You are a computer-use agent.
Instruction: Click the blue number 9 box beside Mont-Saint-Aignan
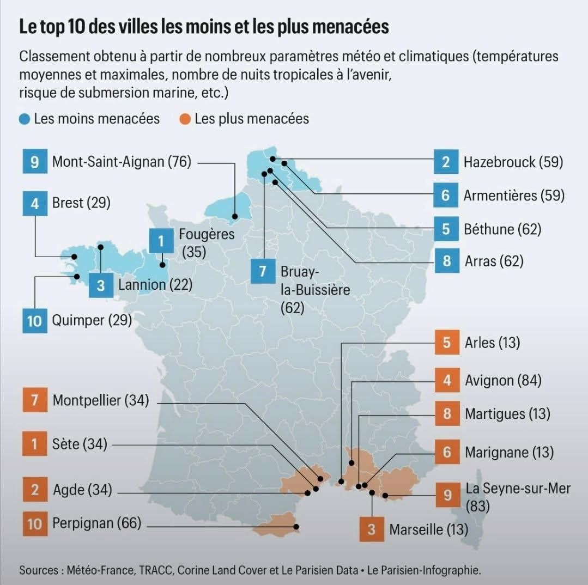(x=35, y=161)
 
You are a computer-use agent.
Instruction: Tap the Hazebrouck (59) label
(x=513, y=162)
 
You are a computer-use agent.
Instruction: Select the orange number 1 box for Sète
(x=35, y=444)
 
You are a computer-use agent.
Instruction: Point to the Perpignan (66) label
(x=97, y=523)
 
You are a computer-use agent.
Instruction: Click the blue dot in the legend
(x=25, y=119)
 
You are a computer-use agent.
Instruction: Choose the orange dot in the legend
(x=185, y=119)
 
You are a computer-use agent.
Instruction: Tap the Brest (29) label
(x=81, y=203)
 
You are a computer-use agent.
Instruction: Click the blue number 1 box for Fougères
(x=161, y=241)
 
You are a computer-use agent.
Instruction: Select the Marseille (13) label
(x=429, y=529)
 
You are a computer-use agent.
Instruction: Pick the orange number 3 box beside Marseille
(x=372, y=529)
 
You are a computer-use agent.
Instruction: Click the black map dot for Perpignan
(x=296, y=527)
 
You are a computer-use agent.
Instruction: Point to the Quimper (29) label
(x=92, y=320)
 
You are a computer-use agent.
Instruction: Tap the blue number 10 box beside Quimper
(x=35, y=321)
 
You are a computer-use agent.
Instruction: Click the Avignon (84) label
(x=503, y=380)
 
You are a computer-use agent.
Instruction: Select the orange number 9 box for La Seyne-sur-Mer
(x=447, y=495)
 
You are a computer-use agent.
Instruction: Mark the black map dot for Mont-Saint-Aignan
(x=235, y=217)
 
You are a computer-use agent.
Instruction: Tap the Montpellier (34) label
(x=101, y=400)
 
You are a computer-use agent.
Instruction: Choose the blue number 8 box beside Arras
(x=447, y=261)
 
